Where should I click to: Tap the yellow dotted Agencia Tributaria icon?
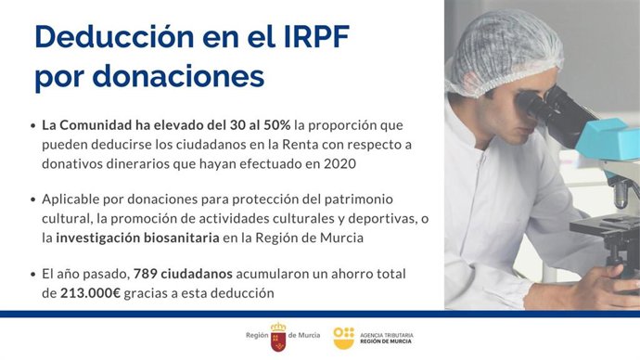[x=343, y=336]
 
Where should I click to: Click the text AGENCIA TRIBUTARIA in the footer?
[x=387, y=332]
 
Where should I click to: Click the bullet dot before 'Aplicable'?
[x=33, y=199]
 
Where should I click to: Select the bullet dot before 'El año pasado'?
[x=33, y=275]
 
